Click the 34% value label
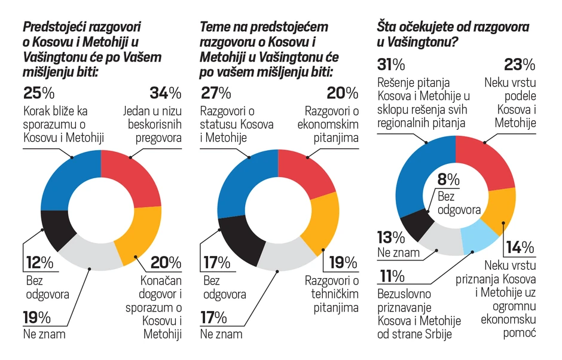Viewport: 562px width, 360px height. (165, 93)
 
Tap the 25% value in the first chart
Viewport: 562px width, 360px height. (39, 93)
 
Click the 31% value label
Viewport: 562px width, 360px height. (392, 64)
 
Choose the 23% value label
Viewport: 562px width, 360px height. (520, 64)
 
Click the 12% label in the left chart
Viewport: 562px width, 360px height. (39, 263)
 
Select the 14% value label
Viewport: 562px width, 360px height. (520, 246)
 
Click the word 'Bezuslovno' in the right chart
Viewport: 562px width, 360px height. (404, 294)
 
